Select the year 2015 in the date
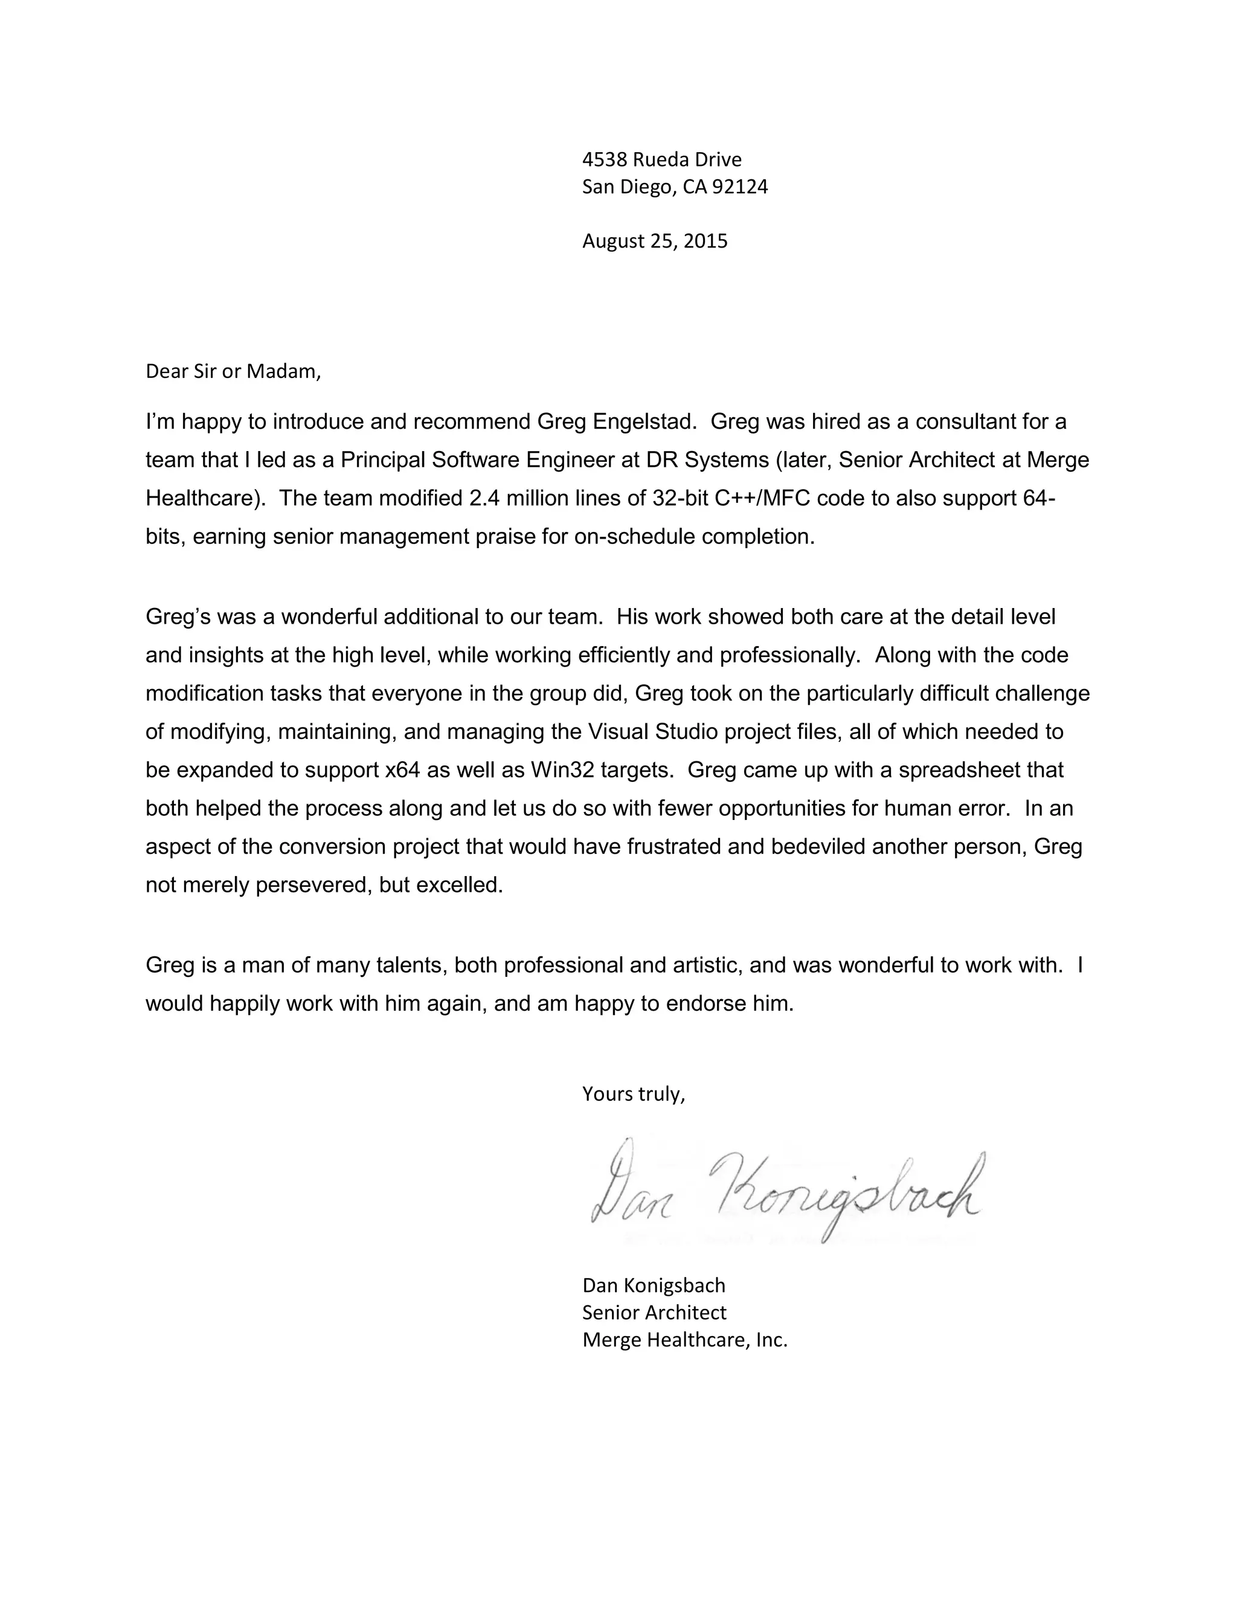pos(705,242)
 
